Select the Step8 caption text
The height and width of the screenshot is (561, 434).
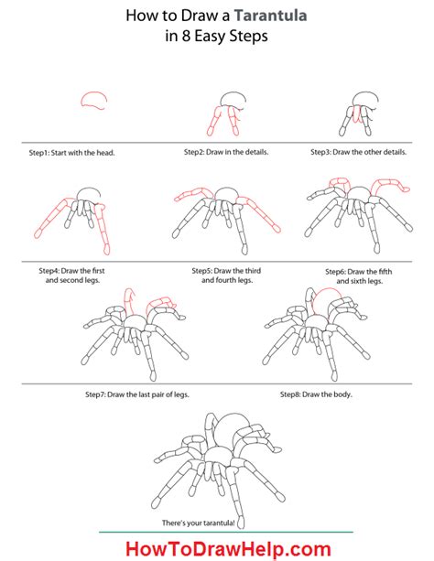point(316,394)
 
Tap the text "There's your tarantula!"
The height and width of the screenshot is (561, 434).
point(217,523)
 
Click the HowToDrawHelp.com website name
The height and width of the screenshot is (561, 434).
point(217,546)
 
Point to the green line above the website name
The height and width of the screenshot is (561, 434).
point(217,532)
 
